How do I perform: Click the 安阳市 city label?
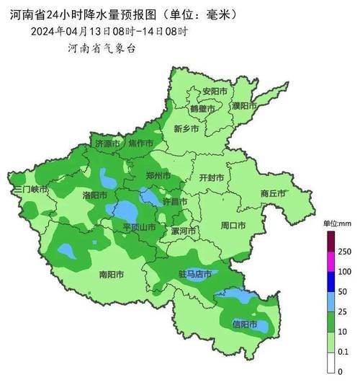(215, 92)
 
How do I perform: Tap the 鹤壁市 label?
(203, 108)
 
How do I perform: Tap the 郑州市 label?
(158, 176)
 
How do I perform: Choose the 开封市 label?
(211, 177)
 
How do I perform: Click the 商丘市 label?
(274, 193)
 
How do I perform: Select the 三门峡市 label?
(30, 189)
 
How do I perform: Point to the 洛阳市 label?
(94, 195)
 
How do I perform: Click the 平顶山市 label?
(139, 227)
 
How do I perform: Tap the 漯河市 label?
(184, 231)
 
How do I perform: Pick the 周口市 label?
(233, 226)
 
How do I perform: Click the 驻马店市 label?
(194, 275)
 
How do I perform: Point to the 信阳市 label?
(245, 324)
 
